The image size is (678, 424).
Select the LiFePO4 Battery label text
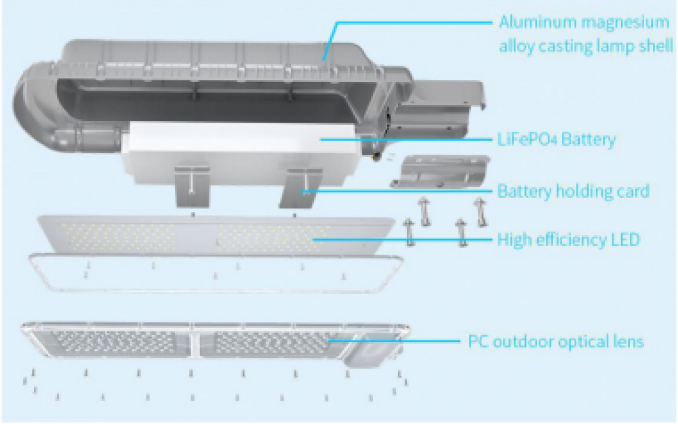[x=556, y=140]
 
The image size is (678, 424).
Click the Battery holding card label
[x=573, y=191]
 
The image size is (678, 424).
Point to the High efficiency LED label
[x=568, y=240]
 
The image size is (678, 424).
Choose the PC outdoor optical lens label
[x=556, y=341]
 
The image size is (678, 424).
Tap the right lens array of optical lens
[x=271, y=344]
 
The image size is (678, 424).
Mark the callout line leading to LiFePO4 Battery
[x=407, y=140]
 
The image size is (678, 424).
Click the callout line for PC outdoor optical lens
[x=400, y=340]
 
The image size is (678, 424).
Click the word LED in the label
[x=624, y=240]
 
